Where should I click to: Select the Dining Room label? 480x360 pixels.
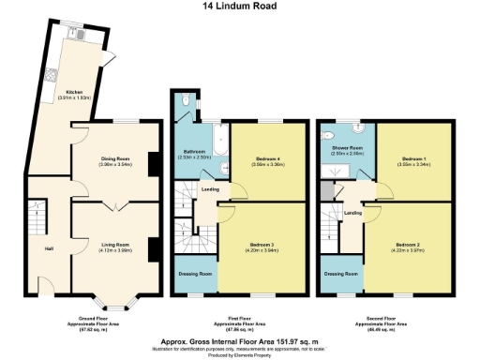114,159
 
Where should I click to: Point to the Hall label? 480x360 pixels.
48,247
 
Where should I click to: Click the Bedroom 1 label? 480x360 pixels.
413,159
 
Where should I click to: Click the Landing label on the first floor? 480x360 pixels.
210,189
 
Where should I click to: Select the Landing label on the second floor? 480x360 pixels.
353,213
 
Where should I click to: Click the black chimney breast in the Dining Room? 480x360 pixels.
152,165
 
